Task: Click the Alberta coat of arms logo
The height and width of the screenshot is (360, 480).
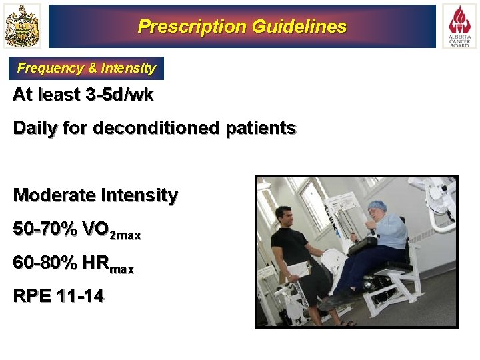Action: pos(22,26)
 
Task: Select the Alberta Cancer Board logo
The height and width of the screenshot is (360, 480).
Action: pos(459,26)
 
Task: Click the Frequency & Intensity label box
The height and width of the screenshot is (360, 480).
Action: pos(87,68)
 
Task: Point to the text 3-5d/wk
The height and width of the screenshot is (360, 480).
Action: pos(120,95)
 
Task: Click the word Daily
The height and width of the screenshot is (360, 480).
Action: pos(34,128)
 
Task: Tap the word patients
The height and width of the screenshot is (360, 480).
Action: pos(261,128)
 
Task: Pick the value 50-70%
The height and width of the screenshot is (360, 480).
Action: pos(45,229)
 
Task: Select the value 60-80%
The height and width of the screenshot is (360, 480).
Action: pos(45,263)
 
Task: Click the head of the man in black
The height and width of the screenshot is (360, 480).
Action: pos(285,215)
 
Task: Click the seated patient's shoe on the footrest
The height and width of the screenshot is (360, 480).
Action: pos(333,300)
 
